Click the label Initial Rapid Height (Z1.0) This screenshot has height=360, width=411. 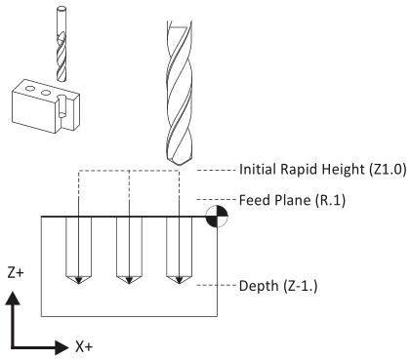[323, 170]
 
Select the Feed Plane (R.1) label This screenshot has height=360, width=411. [292, 200]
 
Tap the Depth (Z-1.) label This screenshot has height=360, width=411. [278, 286]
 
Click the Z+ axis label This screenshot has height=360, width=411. [16, 273]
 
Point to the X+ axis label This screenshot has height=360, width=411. [84, 346]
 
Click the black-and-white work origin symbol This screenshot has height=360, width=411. [217, 217]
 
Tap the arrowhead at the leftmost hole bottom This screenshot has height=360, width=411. [78, 281]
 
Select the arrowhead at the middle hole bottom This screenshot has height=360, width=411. [129, 281]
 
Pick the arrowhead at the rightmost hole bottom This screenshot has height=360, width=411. [179, 281]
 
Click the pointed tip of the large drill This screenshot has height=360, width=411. [180, 166]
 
